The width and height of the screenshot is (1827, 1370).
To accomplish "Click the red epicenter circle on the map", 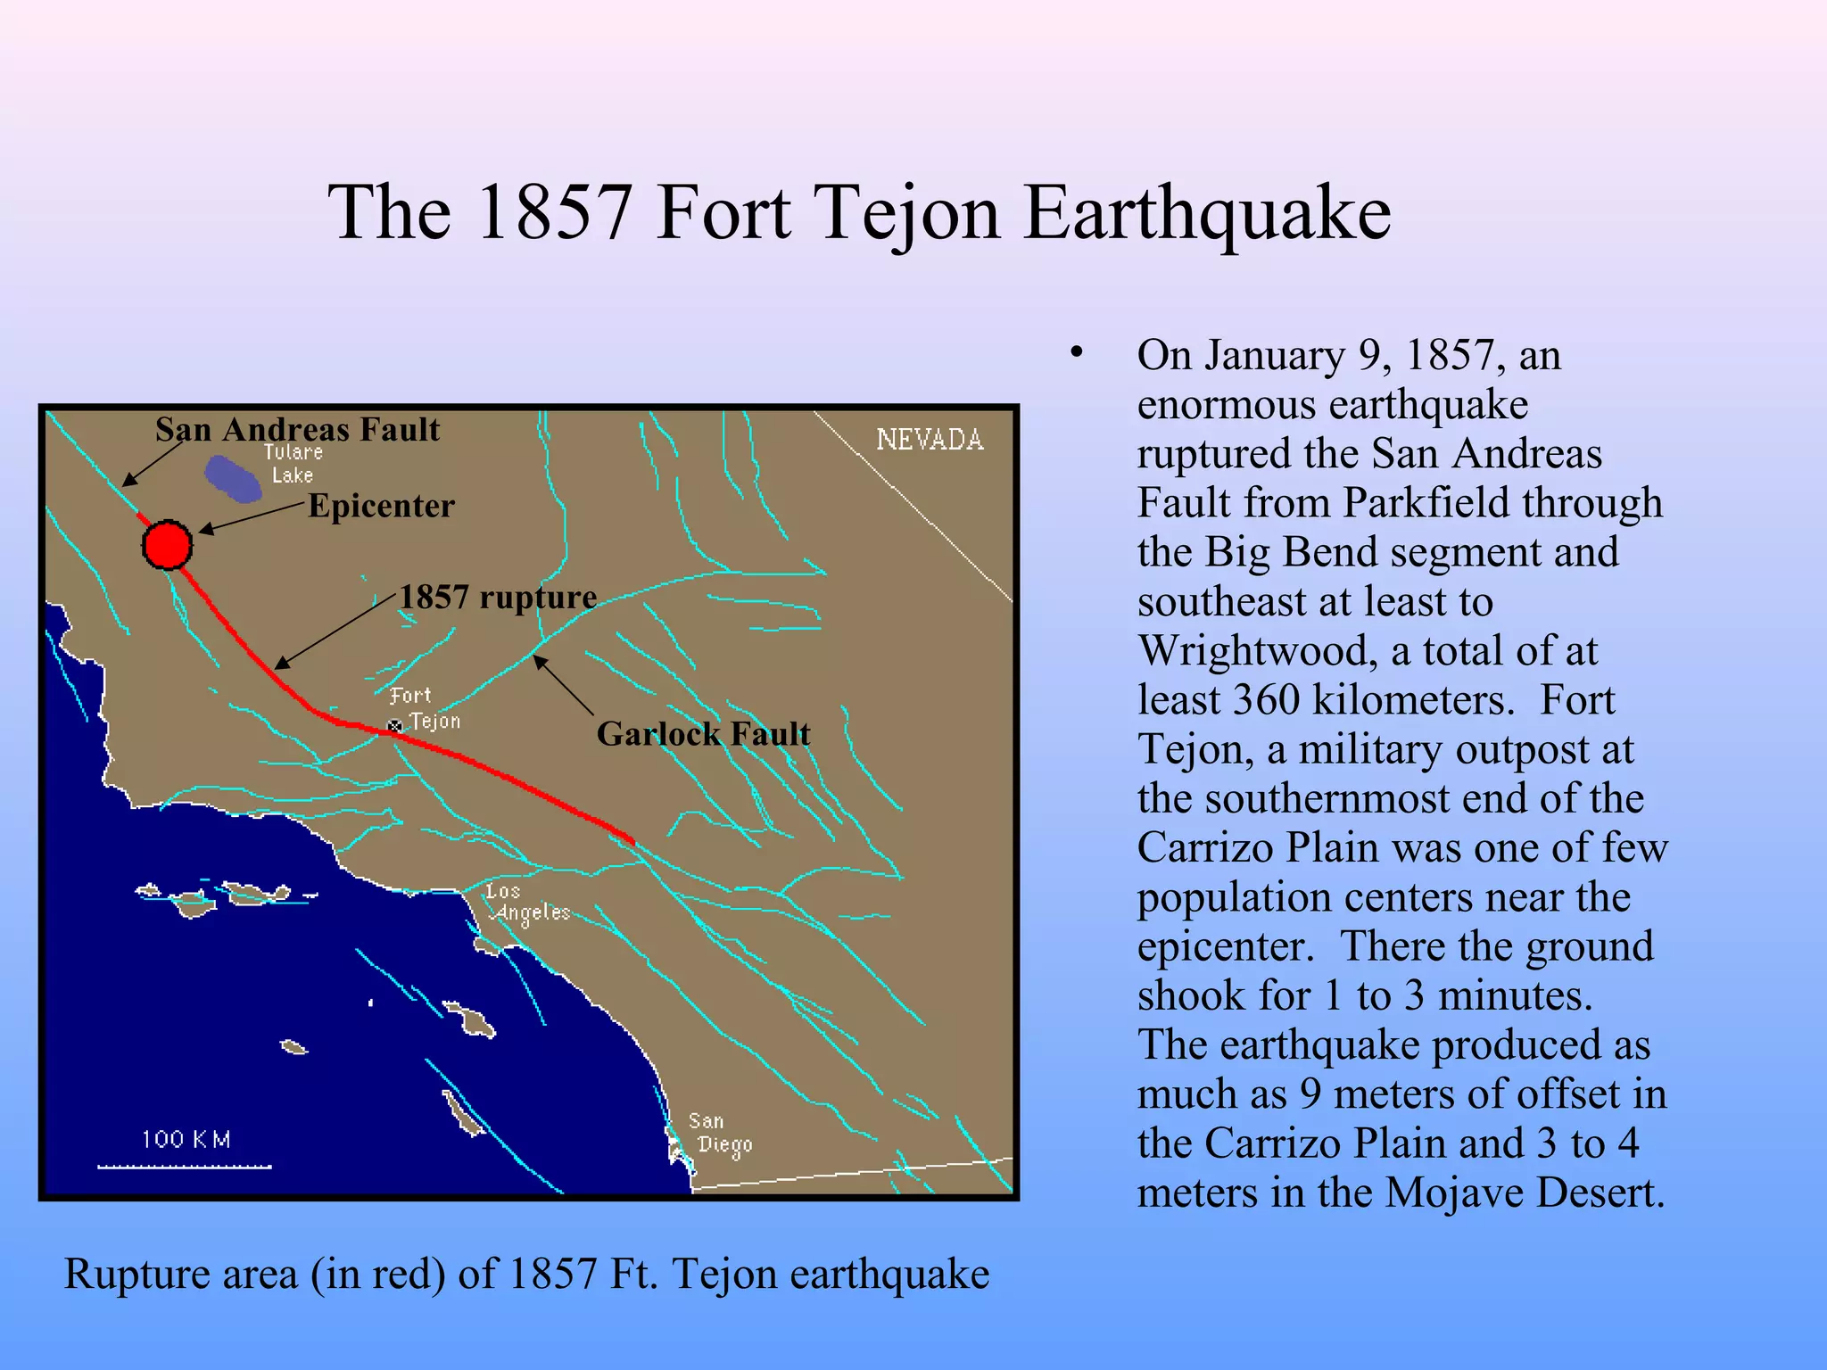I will tap(167, 545).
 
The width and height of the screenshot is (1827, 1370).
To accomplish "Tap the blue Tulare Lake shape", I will tap(233, 478).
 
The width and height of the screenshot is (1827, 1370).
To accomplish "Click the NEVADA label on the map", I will tap(930, 440).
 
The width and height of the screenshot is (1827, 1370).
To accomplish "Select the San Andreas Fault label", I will tap(297, 430).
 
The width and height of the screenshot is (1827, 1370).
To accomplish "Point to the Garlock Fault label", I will tap(703, 734).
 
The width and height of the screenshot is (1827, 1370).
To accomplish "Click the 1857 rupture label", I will tap(498, 597).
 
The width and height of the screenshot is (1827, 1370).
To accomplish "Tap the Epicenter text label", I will tap(381, 506).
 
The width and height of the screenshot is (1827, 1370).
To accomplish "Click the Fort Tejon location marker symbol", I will tap(394, 726).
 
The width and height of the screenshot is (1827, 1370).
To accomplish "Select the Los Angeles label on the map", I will tap(528, 903).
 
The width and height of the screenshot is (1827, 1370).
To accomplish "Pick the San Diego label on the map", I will tap(719, 1134).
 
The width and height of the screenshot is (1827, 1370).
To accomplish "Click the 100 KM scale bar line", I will tap(185, 1166).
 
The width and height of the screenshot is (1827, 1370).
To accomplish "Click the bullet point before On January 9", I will tap(1077, 353).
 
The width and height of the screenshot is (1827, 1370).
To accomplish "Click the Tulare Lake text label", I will tap(293, 464).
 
